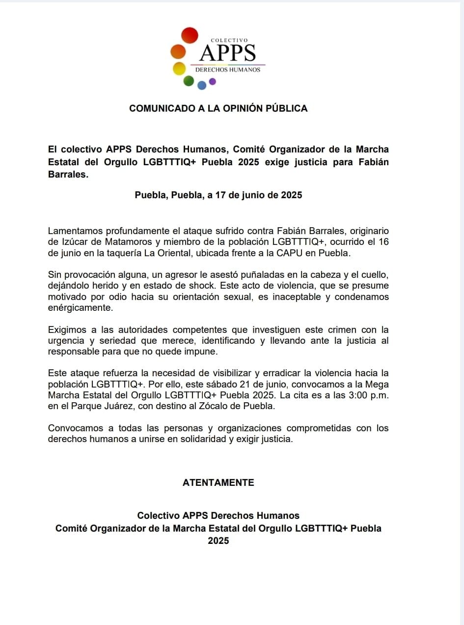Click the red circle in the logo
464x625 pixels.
[190, 35]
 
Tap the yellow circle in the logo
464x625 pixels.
[179, 68]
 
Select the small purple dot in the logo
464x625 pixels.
[213, 82]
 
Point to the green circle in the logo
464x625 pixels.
[189, 81]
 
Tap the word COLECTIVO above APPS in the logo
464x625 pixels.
[229, 40]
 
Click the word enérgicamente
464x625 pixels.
[80, 308]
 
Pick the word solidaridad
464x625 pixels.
[197, 439]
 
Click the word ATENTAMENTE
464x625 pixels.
[218, 483]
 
